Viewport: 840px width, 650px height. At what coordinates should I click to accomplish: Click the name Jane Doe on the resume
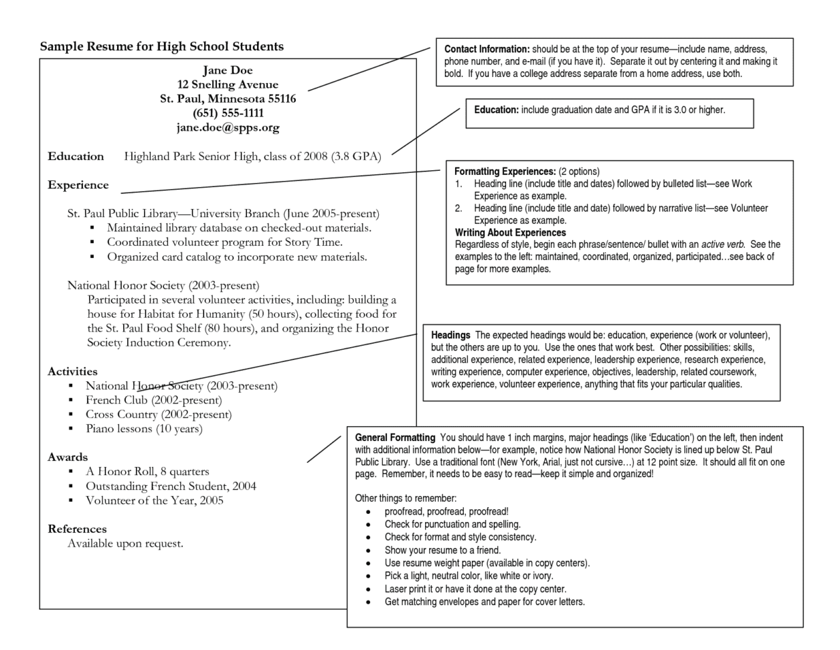228,70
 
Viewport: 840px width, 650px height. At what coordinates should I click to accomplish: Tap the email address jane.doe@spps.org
228,127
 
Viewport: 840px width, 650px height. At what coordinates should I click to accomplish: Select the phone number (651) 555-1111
228,113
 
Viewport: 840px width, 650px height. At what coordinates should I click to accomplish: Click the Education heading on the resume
76,157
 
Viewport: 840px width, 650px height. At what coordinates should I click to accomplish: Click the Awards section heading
68,458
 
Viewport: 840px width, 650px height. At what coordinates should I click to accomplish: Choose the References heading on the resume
77,529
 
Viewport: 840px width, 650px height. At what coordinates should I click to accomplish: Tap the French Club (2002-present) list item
153,400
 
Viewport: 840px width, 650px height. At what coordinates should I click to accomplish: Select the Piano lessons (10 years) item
144,429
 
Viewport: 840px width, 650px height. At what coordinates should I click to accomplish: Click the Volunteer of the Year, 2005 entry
155,501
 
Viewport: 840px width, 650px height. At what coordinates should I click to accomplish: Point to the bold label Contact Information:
487,50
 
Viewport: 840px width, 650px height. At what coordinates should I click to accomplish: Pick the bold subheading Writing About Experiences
511,233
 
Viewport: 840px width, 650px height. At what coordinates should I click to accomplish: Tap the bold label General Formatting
395,438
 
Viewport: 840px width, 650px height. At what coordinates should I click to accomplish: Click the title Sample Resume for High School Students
161,47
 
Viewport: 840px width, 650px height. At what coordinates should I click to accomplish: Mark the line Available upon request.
125,543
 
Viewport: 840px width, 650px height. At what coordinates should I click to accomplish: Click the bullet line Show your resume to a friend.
442,550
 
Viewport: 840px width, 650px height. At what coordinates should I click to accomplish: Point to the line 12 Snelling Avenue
228,85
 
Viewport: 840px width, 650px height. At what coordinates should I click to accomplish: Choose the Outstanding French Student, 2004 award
171,486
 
